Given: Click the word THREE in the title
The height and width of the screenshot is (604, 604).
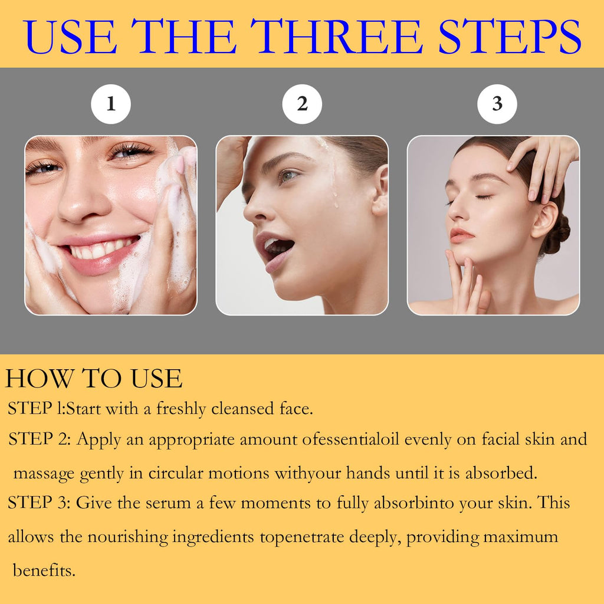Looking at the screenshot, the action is [x=337, y=36].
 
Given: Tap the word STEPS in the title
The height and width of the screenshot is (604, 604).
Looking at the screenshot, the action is [x=510, y=36].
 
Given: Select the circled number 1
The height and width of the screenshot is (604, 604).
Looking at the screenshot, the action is [x=111, y=104].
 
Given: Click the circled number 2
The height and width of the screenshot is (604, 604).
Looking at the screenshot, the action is [x=302, y=104].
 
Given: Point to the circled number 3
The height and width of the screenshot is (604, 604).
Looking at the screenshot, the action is [x=497, y=104].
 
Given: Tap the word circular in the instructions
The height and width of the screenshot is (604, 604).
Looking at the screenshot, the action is [x=176, y=472].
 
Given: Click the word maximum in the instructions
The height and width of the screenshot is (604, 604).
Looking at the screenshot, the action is [x=520, y=537].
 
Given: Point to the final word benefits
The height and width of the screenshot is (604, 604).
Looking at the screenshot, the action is [x=44, y=570].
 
